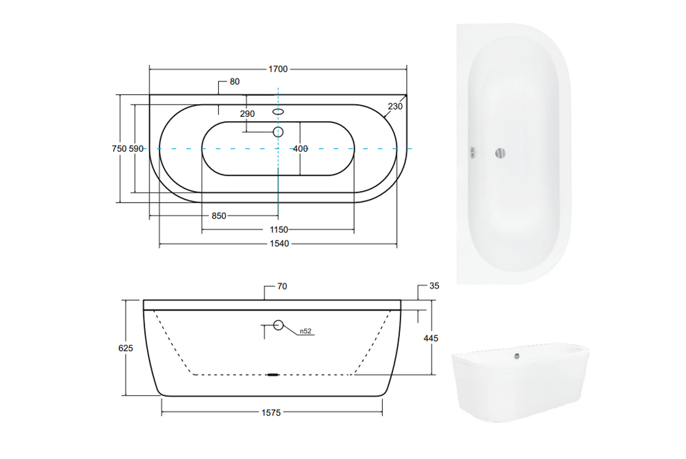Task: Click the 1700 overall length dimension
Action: pos(278,69)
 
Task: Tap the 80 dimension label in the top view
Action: pos(235,82)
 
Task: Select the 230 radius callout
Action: pos(395,106)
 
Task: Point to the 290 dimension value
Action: pos(247,114)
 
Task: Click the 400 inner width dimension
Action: pos(300,149)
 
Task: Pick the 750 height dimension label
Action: pos(119,149)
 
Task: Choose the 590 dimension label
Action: pos(136,149)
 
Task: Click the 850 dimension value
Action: pos(219,216)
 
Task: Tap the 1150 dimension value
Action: pos(279,230)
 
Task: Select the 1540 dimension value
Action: pos(279,244)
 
